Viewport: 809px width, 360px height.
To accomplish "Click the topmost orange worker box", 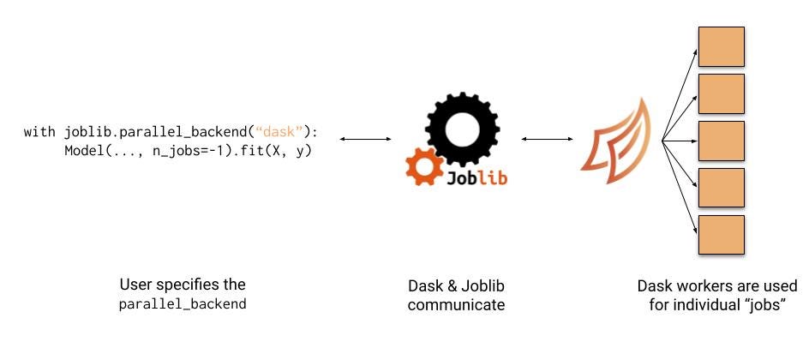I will (721, 47).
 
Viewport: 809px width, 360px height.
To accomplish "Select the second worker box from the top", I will (721, 94).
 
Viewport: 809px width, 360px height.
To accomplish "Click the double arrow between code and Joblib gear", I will (365, 139).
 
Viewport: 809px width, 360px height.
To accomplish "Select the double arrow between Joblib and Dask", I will (546, 139).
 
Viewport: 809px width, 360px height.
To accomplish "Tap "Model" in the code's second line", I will (81, 152).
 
